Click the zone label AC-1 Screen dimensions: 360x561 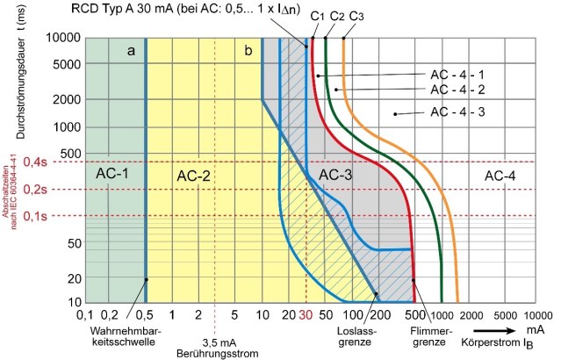pyautogui.click(x=111, y=174)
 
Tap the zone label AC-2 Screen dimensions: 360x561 pyautogui.click(x=194, y=174)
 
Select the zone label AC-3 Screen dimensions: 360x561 pyautogui.click(x=334, y=174)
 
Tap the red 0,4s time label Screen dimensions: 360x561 pyautogui.click(x=35, y=162)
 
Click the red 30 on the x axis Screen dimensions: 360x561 pyautogui.click(x=306, y=314)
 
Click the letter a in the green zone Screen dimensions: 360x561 pyautogui.click(x=131, y=51)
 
